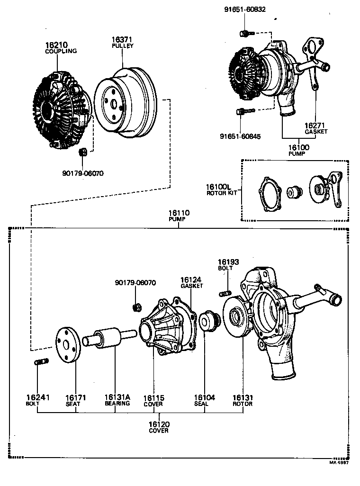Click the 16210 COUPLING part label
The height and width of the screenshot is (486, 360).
coord(61,48)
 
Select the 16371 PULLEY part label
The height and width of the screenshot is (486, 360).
coord(122,43)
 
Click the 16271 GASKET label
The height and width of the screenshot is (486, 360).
coord(316,128)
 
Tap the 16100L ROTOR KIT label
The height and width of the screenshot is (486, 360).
coord(221,189)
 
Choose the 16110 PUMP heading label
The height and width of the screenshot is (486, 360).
coord(179,216)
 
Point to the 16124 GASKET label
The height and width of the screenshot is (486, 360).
coord(191,283)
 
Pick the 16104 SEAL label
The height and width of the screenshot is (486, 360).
coord(205,400)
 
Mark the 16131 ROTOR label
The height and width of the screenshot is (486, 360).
coord(243,400)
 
